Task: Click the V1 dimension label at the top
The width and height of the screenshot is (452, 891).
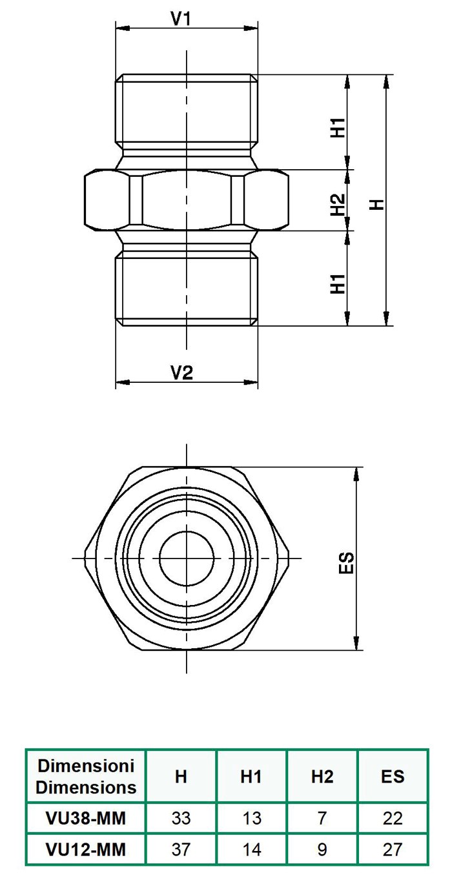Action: point(181,19)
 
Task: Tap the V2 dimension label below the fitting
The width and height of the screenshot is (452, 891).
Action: point(182,373)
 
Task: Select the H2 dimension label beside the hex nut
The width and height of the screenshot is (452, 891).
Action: point(338,205)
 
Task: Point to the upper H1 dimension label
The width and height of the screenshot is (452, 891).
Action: point(338,127)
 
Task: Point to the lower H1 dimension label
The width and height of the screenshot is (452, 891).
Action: point(338,283)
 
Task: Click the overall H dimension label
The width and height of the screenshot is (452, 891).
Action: point(377,205)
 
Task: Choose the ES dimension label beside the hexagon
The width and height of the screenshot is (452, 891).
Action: point(346,563)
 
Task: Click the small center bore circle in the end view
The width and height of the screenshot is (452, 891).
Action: point(187,558)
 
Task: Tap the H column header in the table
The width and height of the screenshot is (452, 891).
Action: point(181,776)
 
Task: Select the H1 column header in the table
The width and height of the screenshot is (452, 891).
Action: point(251,776)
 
